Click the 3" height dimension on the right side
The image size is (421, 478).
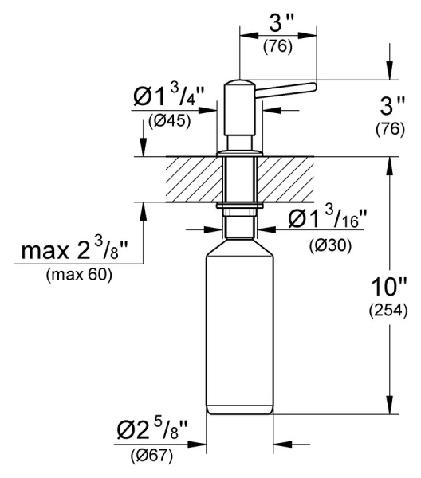390,105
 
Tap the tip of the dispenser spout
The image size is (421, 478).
314,85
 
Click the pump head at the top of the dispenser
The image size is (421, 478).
239,96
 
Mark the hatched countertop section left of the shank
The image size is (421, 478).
192,179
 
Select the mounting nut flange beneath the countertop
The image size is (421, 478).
239,207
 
